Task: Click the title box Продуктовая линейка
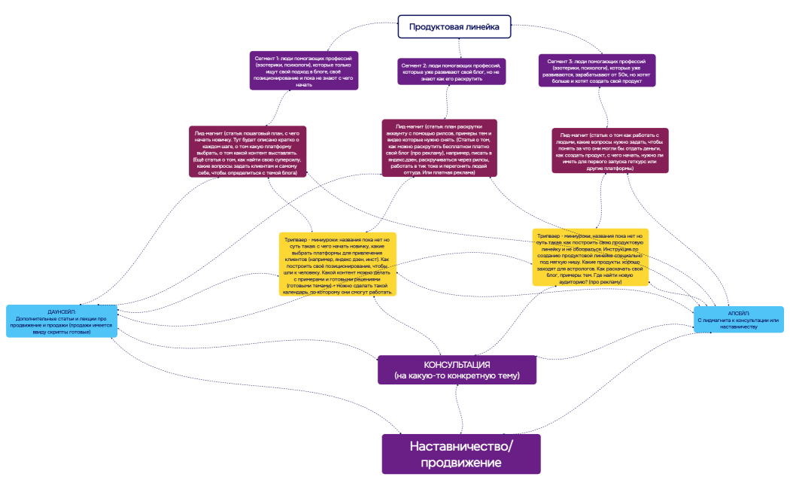tap(454, 27)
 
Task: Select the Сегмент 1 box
tap(302, 71)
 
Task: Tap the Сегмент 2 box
tap(451, 71)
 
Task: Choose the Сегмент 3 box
tap(597, 70)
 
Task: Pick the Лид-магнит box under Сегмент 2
tap(439, 147)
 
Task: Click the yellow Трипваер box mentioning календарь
tap(338, 263)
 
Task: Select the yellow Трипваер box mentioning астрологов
tap(590, 257)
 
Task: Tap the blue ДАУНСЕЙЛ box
tap(62, 321)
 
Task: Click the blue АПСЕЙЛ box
tap(738, 319)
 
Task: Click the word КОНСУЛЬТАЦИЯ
tap(458, 364)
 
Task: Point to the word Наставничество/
tap(461, 446)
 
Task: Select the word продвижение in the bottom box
tap(461, 463)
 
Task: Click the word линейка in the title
tap(482, 27)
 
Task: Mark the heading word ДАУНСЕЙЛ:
tap(62, 311)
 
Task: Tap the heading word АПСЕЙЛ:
tap(738, 311)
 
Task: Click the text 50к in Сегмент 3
tap(621, 74)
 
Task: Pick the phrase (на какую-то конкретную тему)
tap(458, 375)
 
